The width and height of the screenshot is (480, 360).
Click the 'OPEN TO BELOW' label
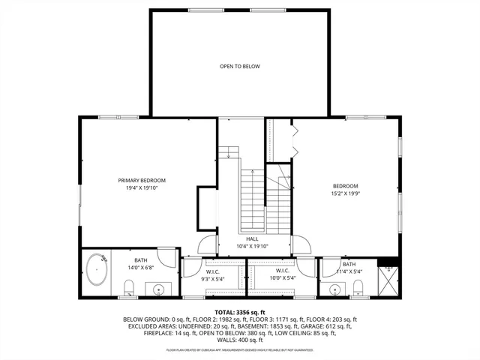239,67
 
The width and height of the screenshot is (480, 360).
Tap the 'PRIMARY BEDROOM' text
142,180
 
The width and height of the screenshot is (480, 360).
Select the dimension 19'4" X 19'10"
142,187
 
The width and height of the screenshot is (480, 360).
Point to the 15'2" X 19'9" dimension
346,193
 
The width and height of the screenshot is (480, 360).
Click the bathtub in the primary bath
97,271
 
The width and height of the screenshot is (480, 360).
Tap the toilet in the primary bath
128,287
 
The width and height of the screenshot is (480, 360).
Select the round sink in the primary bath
160,288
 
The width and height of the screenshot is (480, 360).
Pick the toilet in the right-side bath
357,286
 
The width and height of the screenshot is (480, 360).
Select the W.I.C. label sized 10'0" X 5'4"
282,274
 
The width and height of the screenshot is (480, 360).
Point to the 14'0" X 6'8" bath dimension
141,267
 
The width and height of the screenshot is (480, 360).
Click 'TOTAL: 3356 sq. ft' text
240,311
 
